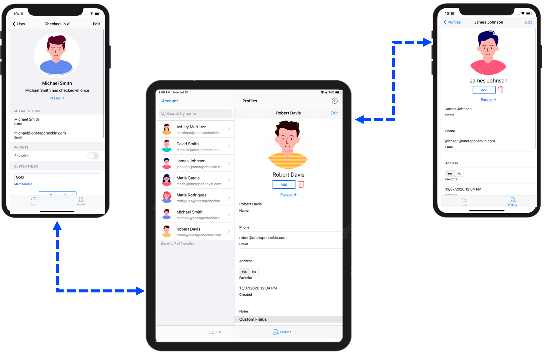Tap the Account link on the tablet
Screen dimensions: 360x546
[170, 101]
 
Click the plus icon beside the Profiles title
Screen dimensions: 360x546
[335, 101]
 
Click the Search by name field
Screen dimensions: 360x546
[196, 114]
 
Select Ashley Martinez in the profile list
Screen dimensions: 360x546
[196, 129]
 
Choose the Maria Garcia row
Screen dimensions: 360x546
[196, 181]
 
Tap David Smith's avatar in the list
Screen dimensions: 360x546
[167, 146]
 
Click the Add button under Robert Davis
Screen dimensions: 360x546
[284, 185]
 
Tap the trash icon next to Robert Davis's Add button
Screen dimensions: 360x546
[301, 184]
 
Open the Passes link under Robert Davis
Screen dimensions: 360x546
[288, 195]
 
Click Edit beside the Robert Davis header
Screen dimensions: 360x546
[334, 113]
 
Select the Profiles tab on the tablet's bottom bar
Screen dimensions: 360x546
[282, 332]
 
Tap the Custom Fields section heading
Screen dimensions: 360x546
[253, 319]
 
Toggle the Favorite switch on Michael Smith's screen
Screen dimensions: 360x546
[93, 156]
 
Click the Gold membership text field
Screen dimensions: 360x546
[57, 177]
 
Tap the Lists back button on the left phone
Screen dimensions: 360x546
[19, 24]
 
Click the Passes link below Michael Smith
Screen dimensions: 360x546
[57, 98]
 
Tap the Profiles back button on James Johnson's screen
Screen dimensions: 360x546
[452, 22]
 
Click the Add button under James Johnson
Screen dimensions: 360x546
[484, 90]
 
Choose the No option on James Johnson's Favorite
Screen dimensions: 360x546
[459, 174]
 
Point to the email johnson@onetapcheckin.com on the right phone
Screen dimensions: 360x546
[470, 141]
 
